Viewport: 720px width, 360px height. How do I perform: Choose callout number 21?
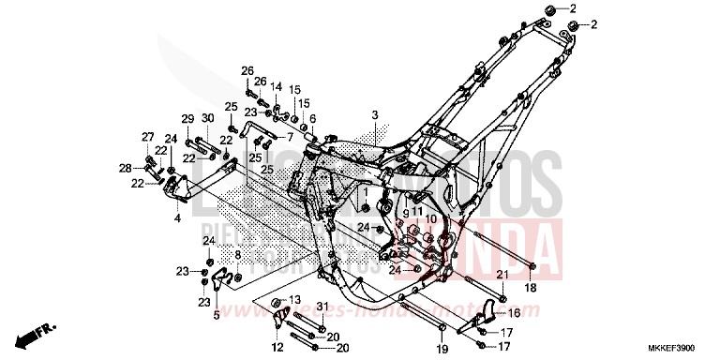[502, 274]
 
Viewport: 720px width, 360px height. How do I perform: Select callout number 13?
[293, 299]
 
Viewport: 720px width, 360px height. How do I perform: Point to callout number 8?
[238, 254]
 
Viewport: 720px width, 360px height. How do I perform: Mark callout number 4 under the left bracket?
[177, 217]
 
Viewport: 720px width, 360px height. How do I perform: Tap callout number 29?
[187, 118]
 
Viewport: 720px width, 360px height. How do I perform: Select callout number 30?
[207, 118]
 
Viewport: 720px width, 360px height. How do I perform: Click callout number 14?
[277, 86]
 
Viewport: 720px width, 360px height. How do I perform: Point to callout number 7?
[291, 136]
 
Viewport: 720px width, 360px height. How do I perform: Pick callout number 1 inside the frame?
[367, 191]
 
